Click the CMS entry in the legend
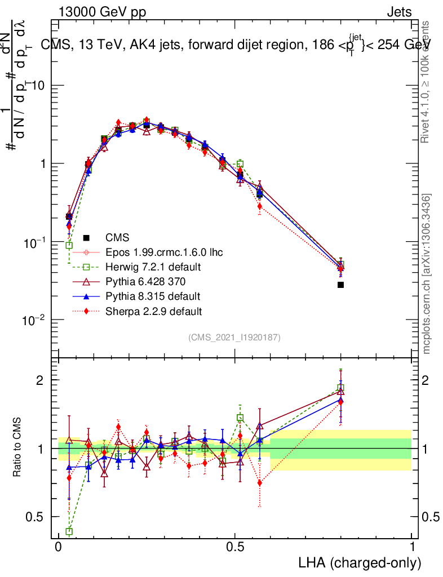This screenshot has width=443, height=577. click(117, 238)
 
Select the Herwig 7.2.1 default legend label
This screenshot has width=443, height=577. click(152, 267)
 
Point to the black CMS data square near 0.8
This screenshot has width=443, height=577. click(340, 285)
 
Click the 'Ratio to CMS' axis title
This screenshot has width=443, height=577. click(17, 438)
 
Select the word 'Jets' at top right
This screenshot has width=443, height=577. click(399, 12)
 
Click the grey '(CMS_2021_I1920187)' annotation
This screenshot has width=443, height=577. click(234, 337)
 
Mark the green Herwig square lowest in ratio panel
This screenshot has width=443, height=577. click(69, 531)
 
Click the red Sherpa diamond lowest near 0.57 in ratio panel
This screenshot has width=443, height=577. click(259, 483)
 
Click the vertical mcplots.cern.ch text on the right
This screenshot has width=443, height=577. click(427, 273)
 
